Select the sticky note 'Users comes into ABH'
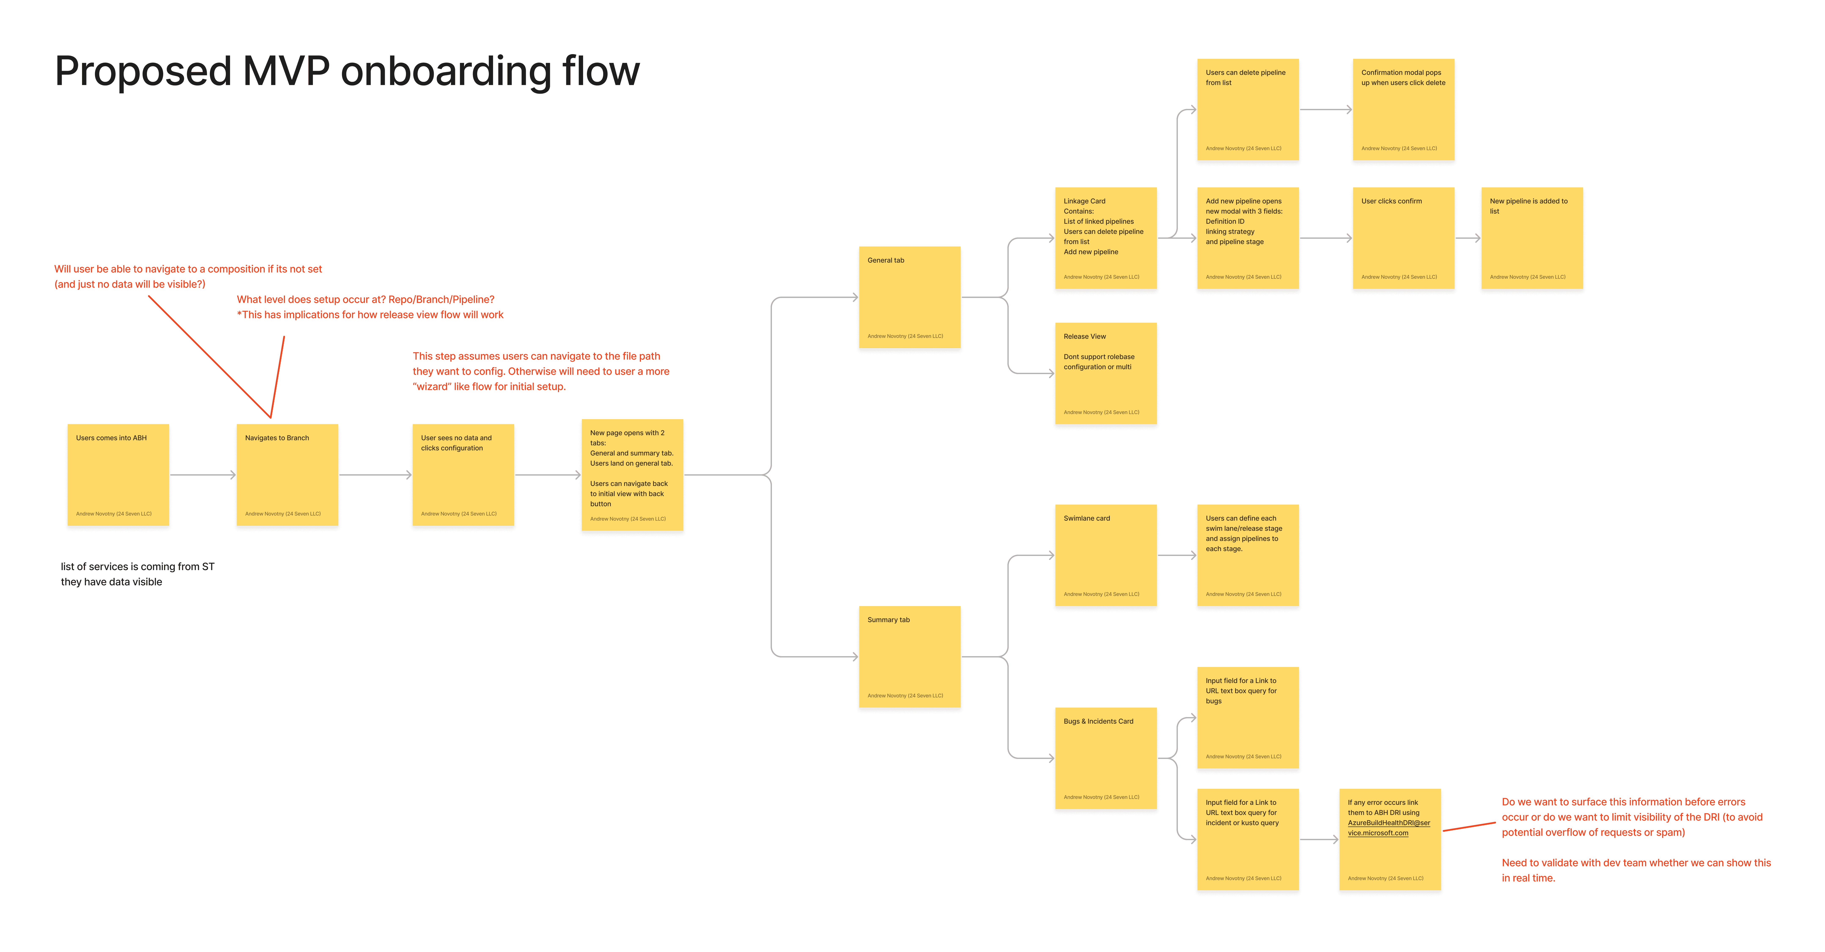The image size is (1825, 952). [x=118, y=475]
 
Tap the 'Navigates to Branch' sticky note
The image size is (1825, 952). [x=287, y=475]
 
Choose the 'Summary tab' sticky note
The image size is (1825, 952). [x=910, y=657]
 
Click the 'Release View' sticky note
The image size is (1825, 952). [x=1106, y=373]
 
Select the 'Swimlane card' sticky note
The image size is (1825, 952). [x=1106, y=555]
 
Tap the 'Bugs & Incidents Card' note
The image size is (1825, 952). [x=1106, y=758]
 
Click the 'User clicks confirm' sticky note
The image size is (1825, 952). [x=1403, y=238]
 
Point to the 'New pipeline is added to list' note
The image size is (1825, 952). [x=1532, y=238]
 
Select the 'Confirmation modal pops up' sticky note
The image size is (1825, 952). [x=1403, y=109]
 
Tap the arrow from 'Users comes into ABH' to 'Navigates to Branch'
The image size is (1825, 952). [x=203, y=475]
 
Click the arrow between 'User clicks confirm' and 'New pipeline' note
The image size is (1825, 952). [x=1468, y=238]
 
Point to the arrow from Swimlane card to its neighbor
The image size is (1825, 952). [x=1177, y=555]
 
